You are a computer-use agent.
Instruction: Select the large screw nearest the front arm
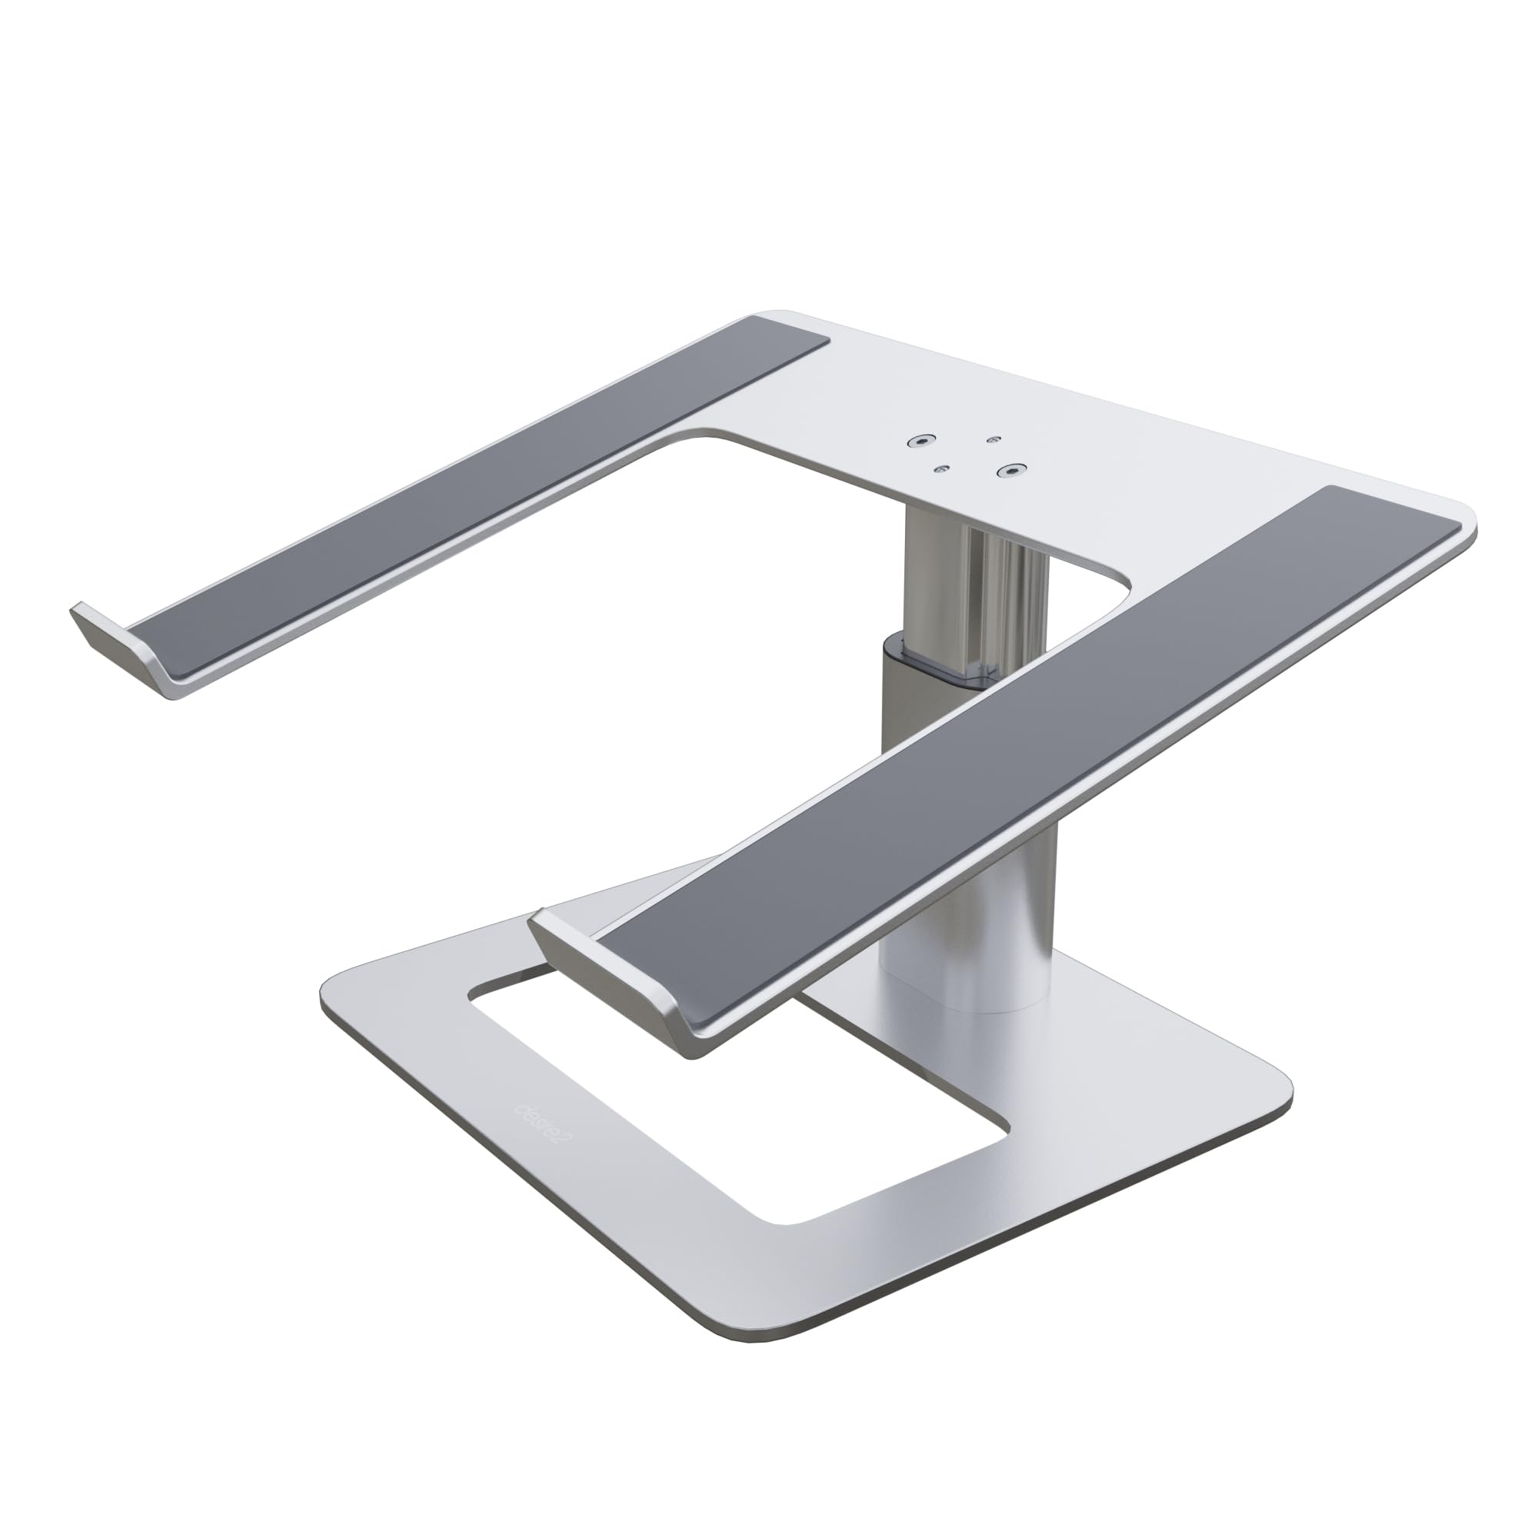click(1010, 471)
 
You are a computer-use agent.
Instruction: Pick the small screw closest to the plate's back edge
click(992, 438)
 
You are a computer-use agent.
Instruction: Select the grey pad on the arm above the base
click(995, 764)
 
